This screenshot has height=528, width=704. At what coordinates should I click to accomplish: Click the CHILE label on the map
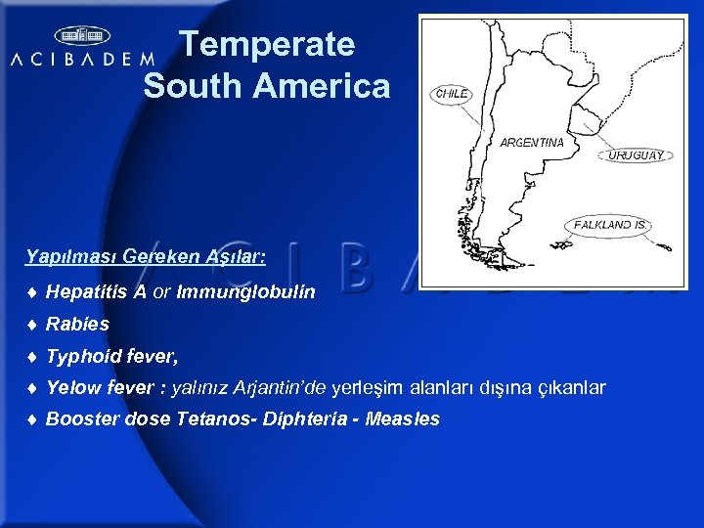point(452,93)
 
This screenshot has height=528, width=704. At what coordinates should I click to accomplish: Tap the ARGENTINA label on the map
point(532,142)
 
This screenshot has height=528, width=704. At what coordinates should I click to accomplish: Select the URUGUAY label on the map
point(637,154)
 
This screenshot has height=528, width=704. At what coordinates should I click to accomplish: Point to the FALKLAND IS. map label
point(610,224)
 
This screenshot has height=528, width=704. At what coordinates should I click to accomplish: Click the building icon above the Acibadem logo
point(82,36)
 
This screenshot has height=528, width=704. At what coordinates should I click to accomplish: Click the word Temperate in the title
point(267,45)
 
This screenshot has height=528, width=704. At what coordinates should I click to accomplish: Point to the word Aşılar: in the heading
point(234,256)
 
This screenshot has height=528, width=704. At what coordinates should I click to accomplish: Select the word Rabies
point(77,324)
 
